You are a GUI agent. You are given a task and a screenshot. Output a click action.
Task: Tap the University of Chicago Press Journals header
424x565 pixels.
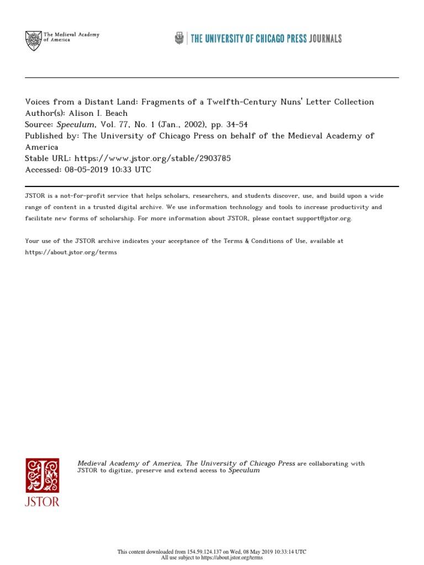tap(258, 38)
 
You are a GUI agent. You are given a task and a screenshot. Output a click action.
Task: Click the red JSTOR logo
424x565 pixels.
tap(42, 482)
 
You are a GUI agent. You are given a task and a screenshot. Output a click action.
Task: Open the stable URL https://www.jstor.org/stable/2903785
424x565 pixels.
tap(152, 158)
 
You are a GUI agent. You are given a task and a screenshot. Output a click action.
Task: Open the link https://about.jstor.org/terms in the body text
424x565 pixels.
tap(71, 252)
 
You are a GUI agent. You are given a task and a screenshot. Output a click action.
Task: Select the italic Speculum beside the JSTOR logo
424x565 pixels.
tap(243, 471)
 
